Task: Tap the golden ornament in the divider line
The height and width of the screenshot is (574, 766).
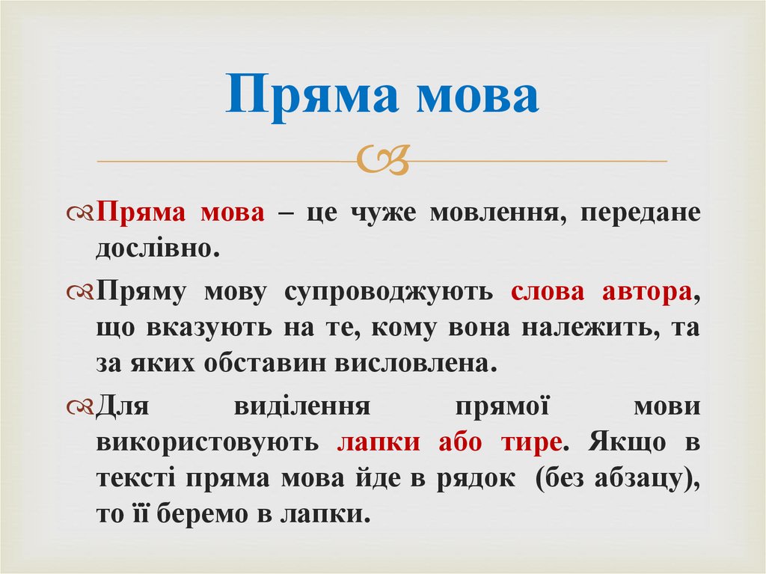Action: pyautogui.click(x=383, y=159)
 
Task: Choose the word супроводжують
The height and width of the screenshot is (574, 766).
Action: pyautogui.click(x=388, y=292)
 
